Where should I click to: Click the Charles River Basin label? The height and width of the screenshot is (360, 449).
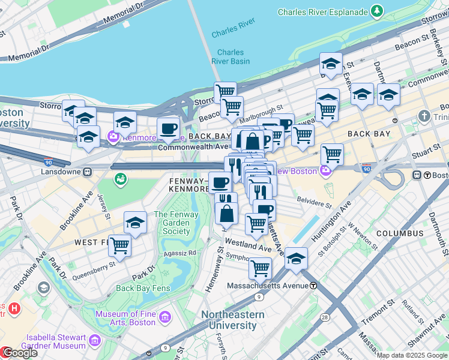(231, 56)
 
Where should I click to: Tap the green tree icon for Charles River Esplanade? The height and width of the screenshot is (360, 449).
(376, 11)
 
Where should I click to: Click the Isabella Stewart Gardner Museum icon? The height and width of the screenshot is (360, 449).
(94, 341)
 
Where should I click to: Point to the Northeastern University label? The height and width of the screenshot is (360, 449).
(232, 320)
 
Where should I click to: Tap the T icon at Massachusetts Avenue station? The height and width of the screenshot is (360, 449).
(313, 286)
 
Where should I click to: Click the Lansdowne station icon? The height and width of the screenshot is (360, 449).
(88, 172)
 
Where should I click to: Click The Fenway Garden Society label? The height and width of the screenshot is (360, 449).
(172, 223)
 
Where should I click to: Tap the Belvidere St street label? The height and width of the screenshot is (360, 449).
(315, 203)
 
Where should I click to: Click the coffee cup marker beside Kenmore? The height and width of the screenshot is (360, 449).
(168, 127)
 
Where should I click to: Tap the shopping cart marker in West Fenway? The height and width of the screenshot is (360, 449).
(120, 244)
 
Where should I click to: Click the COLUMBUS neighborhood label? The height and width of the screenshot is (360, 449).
(400, 233)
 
